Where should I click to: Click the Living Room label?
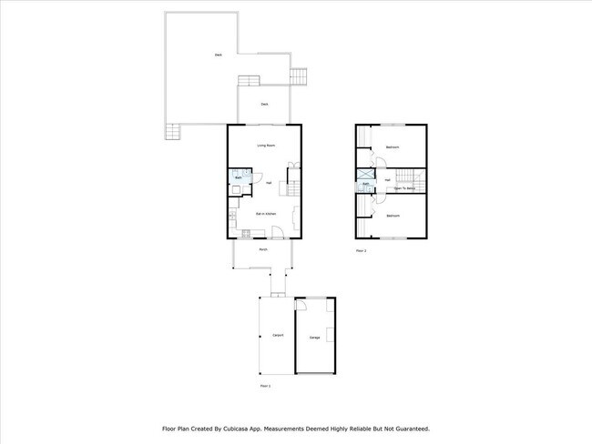tap(265, 146)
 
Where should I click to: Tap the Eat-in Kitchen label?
tap(265, 214)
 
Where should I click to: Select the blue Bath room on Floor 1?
tap(239, 177)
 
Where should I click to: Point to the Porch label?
tap(262, 249)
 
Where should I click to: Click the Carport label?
tap(277, 336)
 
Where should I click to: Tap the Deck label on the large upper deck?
tap(218, 55)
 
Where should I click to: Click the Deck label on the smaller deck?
tap(264, 104)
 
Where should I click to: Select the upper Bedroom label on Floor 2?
tap(393, 146)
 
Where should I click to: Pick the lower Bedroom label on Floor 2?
tap(393, 216)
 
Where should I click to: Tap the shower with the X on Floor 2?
tap(365, 173)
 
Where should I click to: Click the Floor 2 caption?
tap(361, 250)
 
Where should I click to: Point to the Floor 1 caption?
tap(265, 386)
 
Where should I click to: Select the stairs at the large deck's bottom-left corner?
tap(173, 132)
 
